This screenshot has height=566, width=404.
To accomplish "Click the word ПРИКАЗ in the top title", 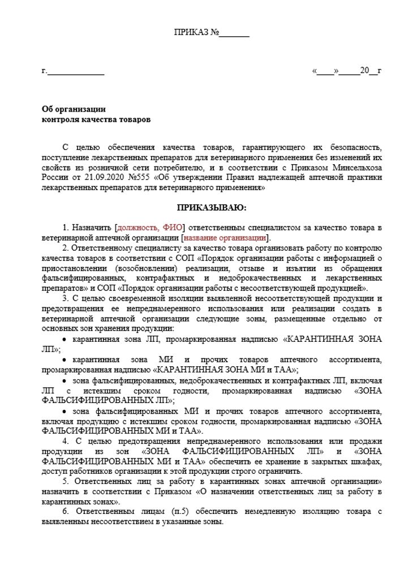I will (191, 32).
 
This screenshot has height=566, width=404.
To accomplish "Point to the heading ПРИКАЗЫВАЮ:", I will (212, 208).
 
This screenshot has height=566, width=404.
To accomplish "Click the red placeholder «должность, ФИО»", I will (151, 227).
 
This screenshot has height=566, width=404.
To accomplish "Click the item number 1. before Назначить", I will (66, 227).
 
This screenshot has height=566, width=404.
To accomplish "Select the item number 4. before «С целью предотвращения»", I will (66, 441).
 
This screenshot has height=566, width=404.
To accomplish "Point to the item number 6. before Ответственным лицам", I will (66, 511).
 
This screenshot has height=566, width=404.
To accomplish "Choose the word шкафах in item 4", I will (353, 461).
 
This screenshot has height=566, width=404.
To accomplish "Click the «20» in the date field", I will (364, 71).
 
